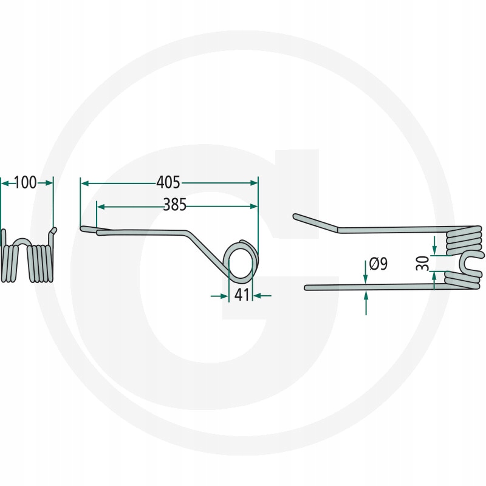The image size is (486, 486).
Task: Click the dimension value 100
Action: [26, 183]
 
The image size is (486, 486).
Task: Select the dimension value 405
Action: [168, 183]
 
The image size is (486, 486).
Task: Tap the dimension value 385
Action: [175, 205]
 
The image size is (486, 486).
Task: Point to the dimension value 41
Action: [242, 295]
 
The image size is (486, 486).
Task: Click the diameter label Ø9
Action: [378, 264]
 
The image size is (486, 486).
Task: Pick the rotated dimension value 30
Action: [423, 263]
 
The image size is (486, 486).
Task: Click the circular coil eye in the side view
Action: [241, 261]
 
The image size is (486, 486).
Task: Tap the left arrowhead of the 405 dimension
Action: [85, 184]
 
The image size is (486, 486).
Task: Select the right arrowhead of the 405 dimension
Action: [253, 183]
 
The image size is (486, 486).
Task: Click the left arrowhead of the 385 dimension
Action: [101, 207]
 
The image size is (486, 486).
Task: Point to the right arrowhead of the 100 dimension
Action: [49, 183]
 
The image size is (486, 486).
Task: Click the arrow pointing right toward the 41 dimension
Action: [219, 296]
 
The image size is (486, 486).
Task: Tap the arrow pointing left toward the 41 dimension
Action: [262, 296]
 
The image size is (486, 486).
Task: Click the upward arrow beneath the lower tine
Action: [366, 303]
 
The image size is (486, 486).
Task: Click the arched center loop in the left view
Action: [22, 241]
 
